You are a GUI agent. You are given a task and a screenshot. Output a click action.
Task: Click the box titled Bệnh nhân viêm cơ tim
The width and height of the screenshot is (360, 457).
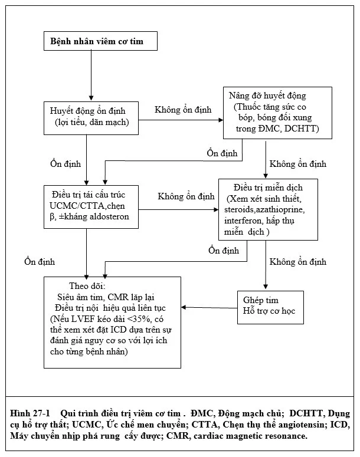click(x=100, y=41)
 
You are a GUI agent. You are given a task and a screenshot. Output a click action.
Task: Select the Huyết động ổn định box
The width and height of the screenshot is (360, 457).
click(x=91, y=118)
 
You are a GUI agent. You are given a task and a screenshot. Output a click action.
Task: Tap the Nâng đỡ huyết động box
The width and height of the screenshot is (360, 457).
click(x=277, y=113)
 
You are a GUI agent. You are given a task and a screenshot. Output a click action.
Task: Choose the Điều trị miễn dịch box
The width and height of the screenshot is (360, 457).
click(x=268, y=209)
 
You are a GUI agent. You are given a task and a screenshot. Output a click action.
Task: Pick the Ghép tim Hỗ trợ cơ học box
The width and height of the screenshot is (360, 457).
click(x=270, y=307)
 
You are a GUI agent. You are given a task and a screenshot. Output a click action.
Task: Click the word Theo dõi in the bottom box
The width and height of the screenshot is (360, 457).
click(x=87, y=286)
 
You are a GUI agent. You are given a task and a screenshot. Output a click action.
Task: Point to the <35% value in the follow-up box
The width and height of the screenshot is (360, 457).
click(x=139, y=319)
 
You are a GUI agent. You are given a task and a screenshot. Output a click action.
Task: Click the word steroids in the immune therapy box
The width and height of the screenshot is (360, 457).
click(x=239, y=209)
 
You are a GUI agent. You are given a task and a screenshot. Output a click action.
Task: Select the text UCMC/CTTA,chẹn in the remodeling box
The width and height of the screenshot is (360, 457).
click(x=87, y=206)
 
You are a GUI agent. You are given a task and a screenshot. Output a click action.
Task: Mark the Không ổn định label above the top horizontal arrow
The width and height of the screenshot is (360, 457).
click(x=183, y=110)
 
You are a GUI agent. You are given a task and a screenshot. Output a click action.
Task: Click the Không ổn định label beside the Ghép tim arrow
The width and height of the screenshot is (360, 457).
click(x=298, y=262)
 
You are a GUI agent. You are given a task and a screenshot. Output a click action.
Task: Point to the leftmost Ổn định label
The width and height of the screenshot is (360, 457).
click(x=40, y=261)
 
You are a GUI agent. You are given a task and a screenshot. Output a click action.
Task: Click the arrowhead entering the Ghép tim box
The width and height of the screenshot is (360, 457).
click(x=266, y=287)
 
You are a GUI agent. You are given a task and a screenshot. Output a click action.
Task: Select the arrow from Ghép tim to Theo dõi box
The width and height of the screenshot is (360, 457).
click(x=209, y=307)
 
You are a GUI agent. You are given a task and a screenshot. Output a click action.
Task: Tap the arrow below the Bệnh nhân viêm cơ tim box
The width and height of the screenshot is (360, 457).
click(x=91, y=75)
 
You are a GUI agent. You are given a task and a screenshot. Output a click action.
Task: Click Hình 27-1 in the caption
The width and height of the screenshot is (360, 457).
click(x=30, y=413)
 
